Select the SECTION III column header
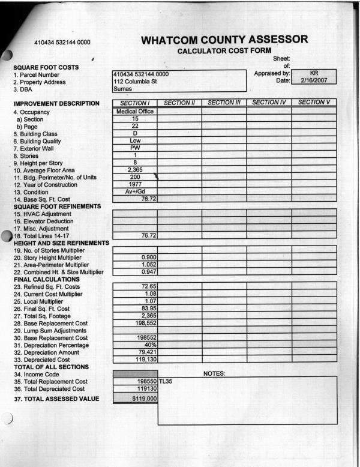[x=224, y=103]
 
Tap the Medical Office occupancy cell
[x=135, y=111]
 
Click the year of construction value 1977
[x=135, y=184]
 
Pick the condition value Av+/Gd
[x=135, y=192]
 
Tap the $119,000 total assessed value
[x=136, y=399]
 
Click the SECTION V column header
[x=314, y=103]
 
